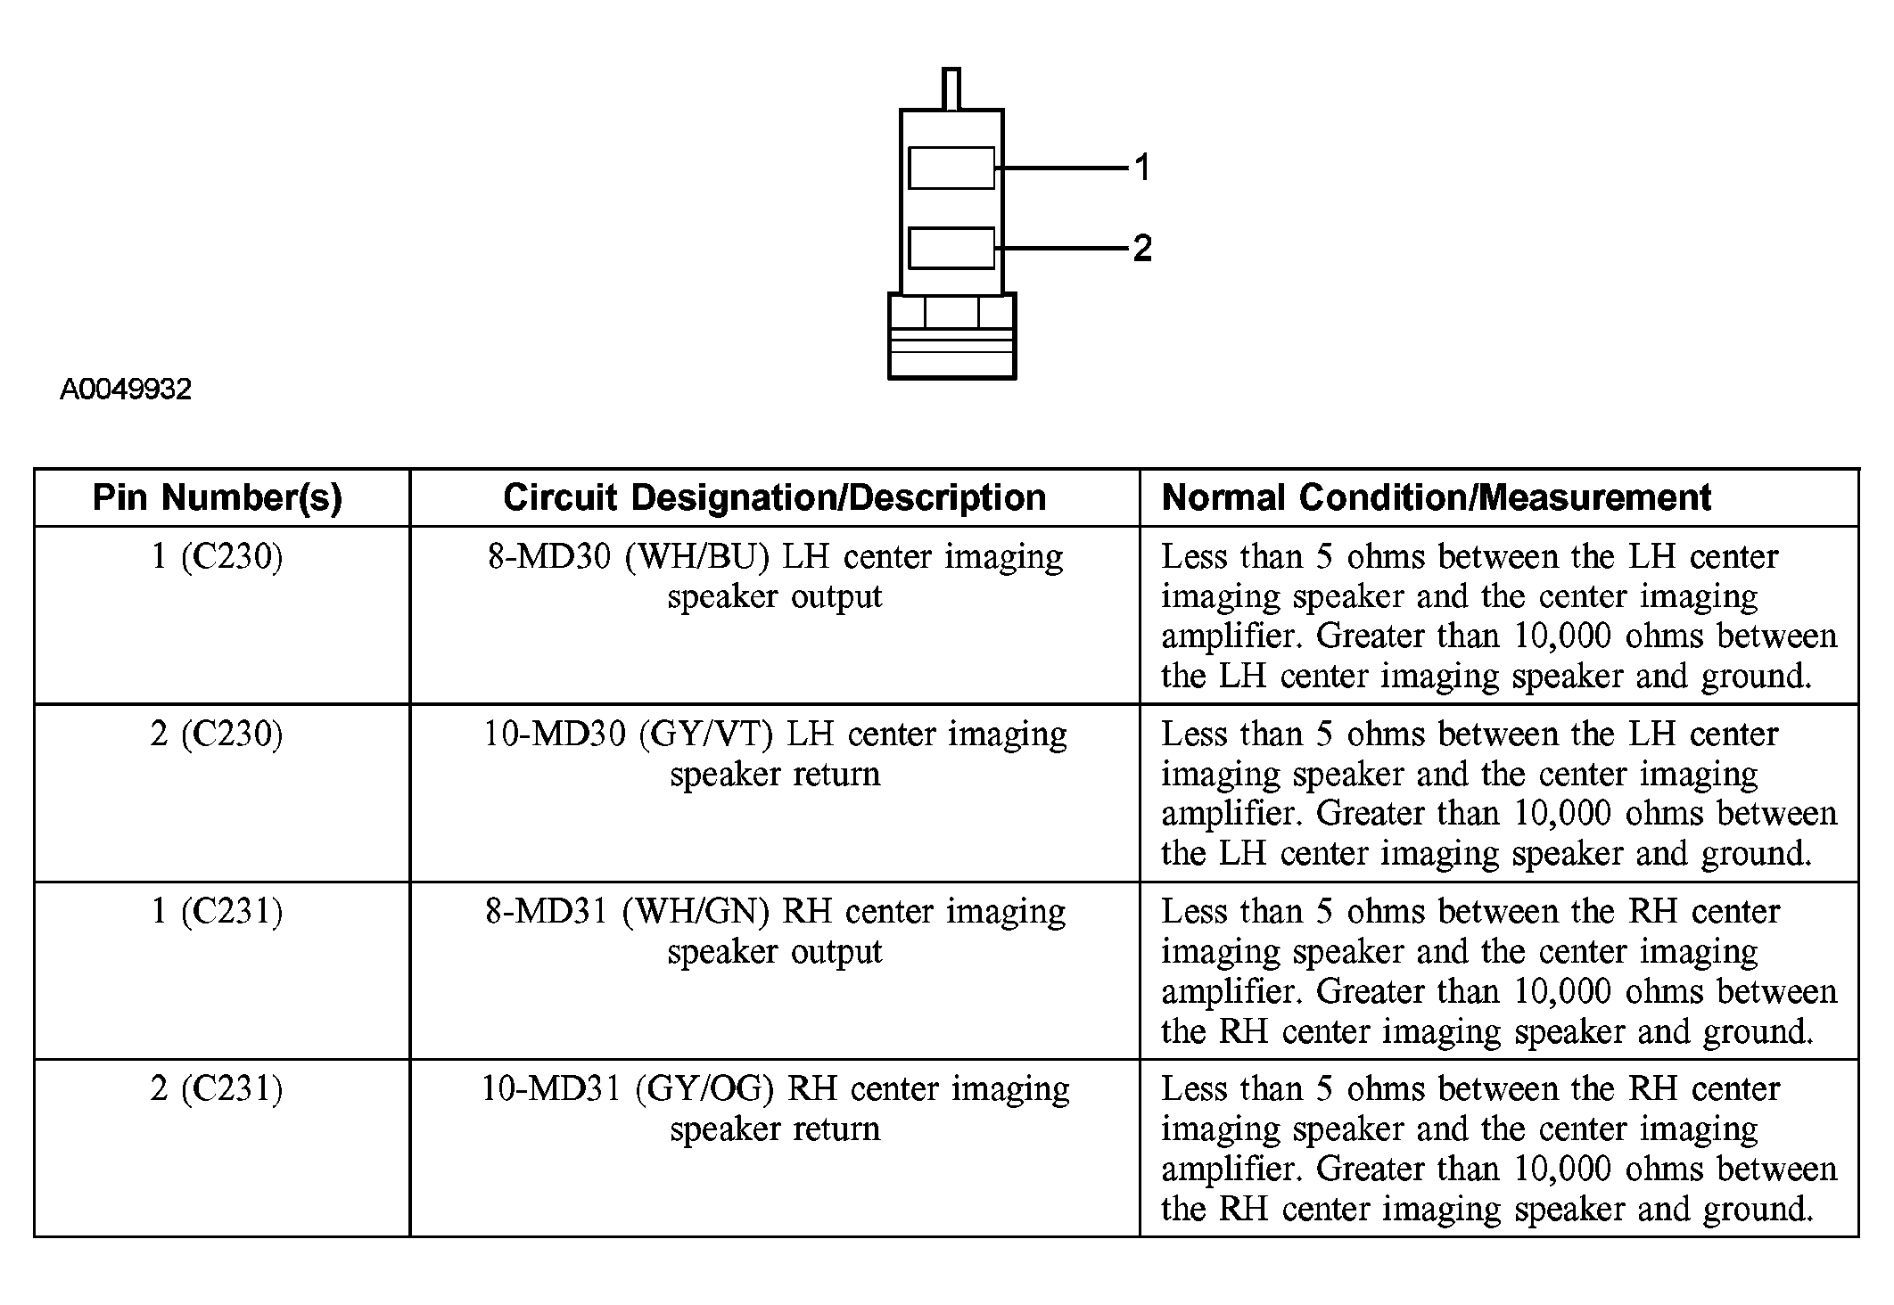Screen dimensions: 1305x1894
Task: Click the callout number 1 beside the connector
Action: coord(1142,168)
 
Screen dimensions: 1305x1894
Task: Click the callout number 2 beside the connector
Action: coord(1142,248)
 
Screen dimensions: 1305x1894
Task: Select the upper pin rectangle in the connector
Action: coord(951,168)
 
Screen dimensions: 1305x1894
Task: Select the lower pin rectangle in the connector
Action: coord(951,248)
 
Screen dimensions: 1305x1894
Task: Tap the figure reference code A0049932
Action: coord(126,390)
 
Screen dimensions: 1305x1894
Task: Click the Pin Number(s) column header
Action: coord(218,497)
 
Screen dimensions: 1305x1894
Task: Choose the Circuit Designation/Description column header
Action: coord(774,497)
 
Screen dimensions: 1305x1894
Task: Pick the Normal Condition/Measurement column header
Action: coord(1436,497)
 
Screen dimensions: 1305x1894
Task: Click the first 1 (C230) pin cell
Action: coord(218,556)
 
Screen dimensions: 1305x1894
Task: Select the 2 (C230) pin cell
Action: coord(218,734)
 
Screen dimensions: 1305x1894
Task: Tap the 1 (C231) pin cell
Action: coord(218,911)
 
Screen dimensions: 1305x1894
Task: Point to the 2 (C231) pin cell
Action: coord(218,1088)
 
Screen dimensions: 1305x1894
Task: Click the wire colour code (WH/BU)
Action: coord(696,556)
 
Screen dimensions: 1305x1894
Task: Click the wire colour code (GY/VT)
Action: coord(706,734)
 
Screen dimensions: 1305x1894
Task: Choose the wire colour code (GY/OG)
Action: coord(707,1088)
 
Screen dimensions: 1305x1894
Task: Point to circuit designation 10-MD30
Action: coord(555,734)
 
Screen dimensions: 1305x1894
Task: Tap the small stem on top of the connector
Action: coord(951,88)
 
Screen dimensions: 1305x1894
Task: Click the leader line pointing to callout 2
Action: coord(1061,248)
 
